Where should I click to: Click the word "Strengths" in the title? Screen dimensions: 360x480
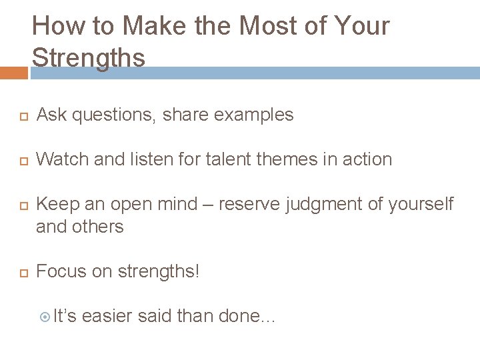coord(88,58)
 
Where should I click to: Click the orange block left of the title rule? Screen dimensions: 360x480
coord(13,73)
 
